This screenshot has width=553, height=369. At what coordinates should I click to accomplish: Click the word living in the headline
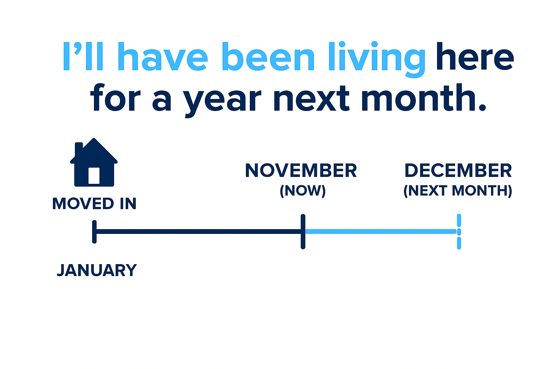coord(377,59)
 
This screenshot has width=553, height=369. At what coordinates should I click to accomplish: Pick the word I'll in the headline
coord(83,56)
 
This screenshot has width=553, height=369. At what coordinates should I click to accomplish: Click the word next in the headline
coord(311,98)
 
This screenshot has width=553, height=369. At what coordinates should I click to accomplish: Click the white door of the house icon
coord(94,175)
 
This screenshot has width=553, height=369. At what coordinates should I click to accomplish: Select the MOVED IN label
coord(94,204)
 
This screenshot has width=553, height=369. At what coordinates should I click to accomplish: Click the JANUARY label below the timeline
coord(97,270)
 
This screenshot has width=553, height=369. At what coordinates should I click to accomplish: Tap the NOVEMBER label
coord(301,170)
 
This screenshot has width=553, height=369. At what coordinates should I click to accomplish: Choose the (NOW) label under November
coord(303,191)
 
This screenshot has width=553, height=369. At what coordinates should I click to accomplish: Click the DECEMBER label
coord(458,170)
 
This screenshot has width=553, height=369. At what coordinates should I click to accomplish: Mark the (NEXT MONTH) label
coord(458,191)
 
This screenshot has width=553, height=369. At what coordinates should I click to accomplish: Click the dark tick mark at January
coord(94,232)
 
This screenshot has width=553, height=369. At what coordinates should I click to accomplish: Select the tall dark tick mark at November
coord(303,232)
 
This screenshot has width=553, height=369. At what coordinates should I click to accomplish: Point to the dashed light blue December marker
coord(459,232)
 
